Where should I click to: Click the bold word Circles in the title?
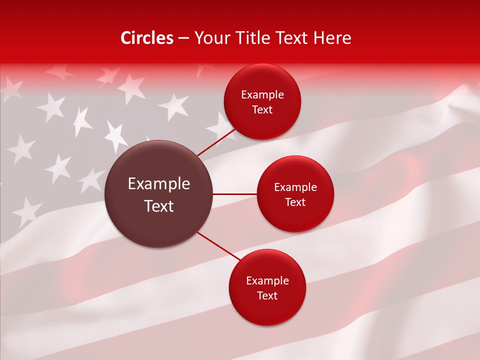(147, 38)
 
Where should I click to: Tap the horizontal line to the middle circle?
(235, 194)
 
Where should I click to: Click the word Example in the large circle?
(159, 184)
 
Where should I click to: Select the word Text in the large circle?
(159, 206)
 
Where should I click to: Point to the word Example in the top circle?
(262, 95)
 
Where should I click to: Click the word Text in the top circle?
(262, 110)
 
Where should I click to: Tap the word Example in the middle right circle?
(295, 187)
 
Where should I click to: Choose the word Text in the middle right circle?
(295, 202)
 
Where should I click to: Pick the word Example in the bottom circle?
(267, 281)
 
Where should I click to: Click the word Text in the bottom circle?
(267, 296)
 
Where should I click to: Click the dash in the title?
(183, 38)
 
